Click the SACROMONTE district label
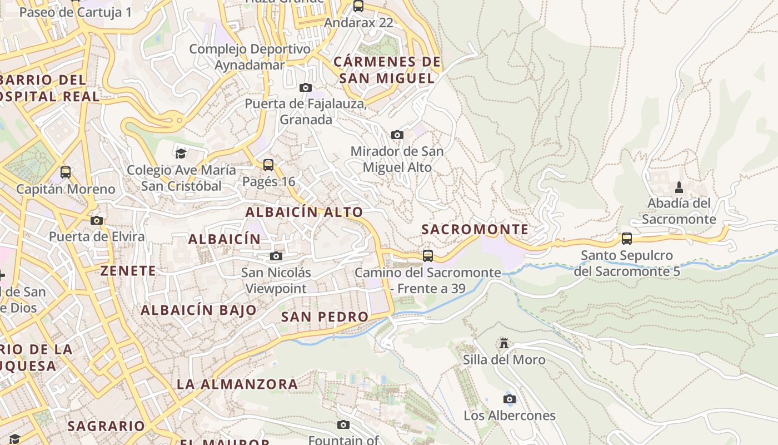[x=475, y=229]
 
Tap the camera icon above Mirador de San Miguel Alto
[x=397, y=135]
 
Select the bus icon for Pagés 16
[x=268, y=165]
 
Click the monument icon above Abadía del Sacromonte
[x=679, y=187]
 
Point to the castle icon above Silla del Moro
[x=504, y=343]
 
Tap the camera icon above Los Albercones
[x=509, y=399]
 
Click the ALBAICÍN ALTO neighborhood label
[x=304, y=212]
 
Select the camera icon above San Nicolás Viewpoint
[x=276, y=256]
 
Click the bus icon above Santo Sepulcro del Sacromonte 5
[x=626, y=239]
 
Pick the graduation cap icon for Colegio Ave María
[x=181, y=153]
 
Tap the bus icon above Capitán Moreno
[x=66, y=172]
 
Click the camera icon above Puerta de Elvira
[x=97, y=220]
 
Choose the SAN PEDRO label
[x=325, y=317]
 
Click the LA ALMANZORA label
[x=237, y=384]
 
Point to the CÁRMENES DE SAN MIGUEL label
[x=387, y=70]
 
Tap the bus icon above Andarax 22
[x=358, y=6]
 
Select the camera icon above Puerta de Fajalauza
[x=305, y=87]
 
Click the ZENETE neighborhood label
[x=128, y=271]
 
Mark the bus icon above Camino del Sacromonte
[x=427, y=255]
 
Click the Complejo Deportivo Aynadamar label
[x=250, y=57]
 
